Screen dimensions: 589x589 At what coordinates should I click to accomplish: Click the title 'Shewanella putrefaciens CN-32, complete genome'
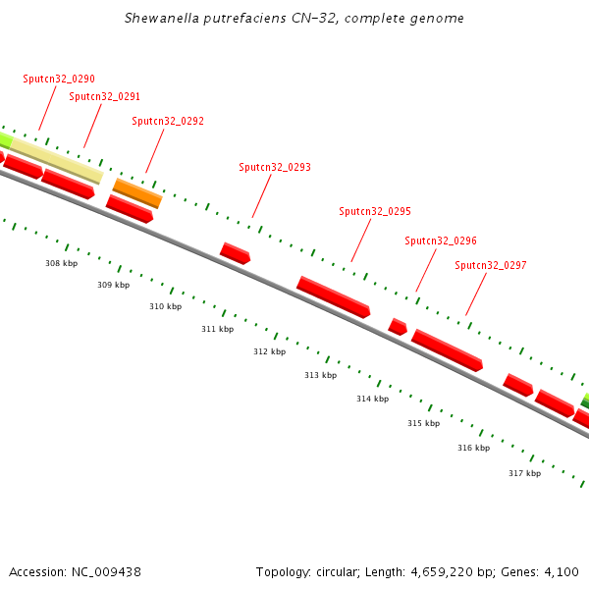tap(294, 19)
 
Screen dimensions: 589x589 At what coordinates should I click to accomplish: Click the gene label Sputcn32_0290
tap(59, 79)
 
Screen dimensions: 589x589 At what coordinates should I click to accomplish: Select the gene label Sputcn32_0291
tap(105, 96)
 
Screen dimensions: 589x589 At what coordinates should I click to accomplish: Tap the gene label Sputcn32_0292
tap(168, 121)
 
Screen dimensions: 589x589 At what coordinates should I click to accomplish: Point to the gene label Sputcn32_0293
tap(275, 167)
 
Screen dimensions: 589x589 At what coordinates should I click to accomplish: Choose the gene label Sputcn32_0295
tap(375, 211)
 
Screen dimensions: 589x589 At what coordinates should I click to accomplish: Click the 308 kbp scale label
tap(61, 263)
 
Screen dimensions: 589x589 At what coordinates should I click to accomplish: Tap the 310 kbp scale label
tap(165, 306)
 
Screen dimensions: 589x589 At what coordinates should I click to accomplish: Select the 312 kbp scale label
tap(269, 351)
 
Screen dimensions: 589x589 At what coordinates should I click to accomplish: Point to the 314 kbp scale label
tap(372, 399)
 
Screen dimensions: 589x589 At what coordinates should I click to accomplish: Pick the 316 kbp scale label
tap(473, 448)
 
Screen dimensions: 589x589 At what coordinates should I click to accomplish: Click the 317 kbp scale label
tap(524, 473)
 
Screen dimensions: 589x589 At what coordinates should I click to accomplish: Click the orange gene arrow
tap(137, 192)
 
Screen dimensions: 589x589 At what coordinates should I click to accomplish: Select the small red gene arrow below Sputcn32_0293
tap(236, 253)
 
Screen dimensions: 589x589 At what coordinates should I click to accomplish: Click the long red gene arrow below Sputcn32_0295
tap(334, 296)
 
